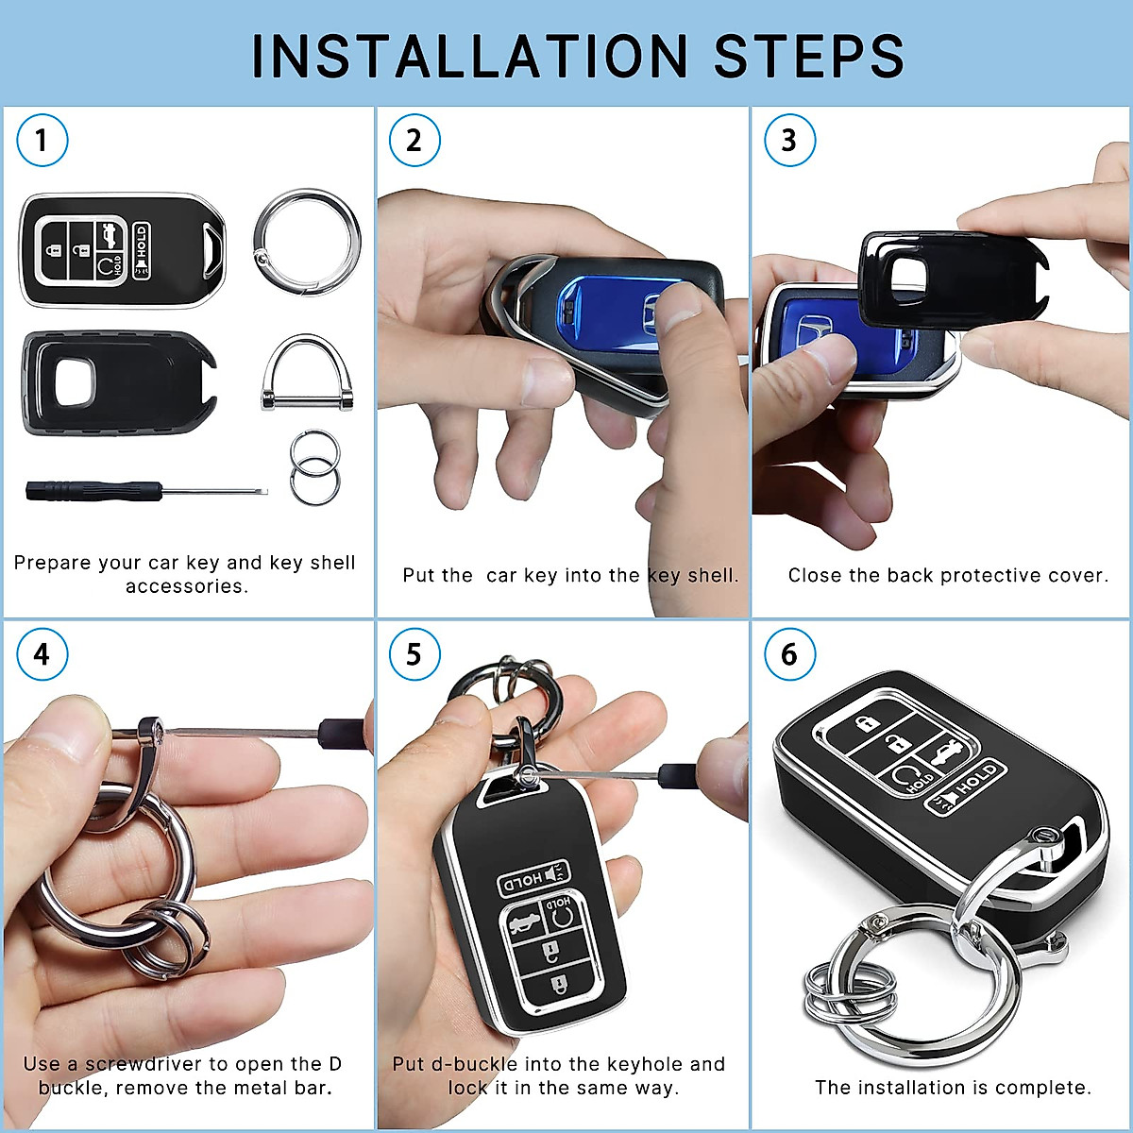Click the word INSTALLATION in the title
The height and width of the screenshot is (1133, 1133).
pyautogui.click(x=470, y=56)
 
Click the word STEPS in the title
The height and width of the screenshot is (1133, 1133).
pyautogui.click(x=809, y=56)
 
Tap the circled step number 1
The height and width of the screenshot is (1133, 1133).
pyautogui.click(x=42, y=141)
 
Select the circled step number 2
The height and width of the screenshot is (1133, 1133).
pyautogui.click(x=414, y=141)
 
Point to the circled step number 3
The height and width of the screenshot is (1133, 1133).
pyautogui.click(x=788, y=141)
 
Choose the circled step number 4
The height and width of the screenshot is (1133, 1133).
pyautogui.click(x=42, y=654)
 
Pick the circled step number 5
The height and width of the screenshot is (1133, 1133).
pyautogui.click(x=414, y=654)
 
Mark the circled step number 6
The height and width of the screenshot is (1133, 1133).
pyautogui.click(x=788, y=654)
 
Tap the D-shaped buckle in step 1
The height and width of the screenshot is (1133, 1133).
pyautogui.click(x=307, y=374)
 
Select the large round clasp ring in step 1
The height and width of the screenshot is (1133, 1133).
pyautogui.click(x=307, y=242)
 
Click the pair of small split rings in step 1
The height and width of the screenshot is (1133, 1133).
pyautogui.click(x=313, y=467)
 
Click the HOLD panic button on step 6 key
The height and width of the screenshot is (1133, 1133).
pyautogui.click(x=966, y=788)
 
